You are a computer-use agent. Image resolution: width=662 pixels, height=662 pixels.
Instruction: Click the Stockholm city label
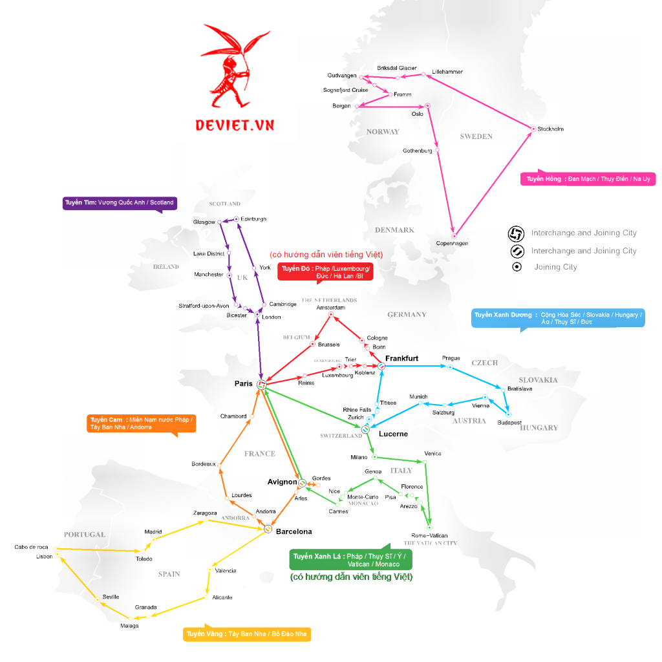click(x=550, y=129)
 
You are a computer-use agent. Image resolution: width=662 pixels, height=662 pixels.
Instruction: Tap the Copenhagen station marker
click(x=454, y=235)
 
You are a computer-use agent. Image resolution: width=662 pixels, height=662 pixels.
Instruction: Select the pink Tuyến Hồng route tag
click(x=588, y=179)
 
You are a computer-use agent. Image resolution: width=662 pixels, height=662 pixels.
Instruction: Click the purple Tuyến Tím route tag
click(x=120, y=203)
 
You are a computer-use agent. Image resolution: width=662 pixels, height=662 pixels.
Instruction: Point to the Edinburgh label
click(x=253, y=219)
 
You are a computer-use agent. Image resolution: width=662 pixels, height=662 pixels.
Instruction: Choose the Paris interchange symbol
click(x=262, y=385)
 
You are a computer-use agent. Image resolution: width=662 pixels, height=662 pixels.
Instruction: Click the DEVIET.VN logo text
click(x=236, y=124)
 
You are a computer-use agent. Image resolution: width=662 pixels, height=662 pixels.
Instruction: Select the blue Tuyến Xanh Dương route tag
click(x=558, y=318)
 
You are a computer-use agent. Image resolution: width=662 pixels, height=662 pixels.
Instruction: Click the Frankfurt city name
click(x=401, y=358)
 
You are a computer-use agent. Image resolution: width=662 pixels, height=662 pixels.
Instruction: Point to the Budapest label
click(x=509, y=423)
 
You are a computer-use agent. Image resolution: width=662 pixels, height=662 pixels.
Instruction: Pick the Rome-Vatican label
click(x=429, y=535)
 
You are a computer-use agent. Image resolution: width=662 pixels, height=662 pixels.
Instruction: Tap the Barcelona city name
click(x=294, y=531)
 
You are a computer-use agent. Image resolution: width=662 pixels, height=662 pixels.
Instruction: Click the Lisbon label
click(x=44, y=556)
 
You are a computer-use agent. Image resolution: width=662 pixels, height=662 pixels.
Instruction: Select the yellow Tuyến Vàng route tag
click(x=247, y=634)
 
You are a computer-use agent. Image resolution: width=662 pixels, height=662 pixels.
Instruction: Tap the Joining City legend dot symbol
click(x=517, y=267)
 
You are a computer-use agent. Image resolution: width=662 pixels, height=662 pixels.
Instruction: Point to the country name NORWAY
click(x=383, y=132)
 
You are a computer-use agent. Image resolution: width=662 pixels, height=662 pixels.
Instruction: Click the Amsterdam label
click(x=330, y=308)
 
